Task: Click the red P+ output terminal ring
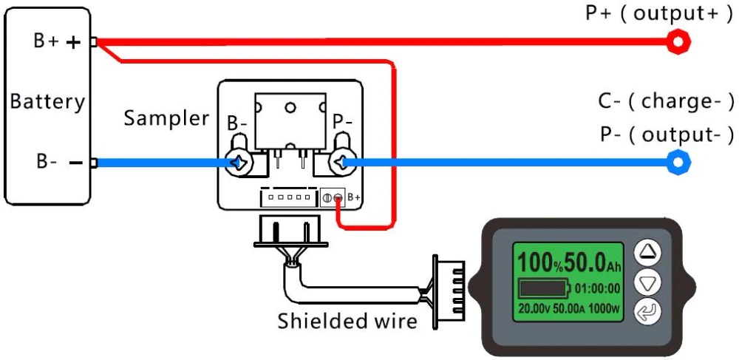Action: [x=677, y=42]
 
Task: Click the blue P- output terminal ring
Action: [x=677, y=162]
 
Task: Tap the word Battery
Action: [x=47, y=101]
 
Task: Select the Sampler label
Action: [x=166, y=118]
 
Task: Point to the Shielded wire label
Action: [x=347, y=322]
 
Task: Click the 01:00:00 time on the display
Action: [x=597, y=288]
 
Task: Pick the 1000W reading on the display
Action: [x=605, y=307]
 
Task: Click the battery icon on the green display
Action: [x=544, y=287]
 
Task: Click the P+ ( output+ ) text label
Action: [x=659, y=13]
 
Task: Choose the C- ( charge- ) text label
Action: [x=666, y=101]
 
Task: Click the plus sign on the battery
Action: [x=73, y=43]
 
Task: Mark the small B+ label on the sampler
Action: [x=354, y=197]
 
